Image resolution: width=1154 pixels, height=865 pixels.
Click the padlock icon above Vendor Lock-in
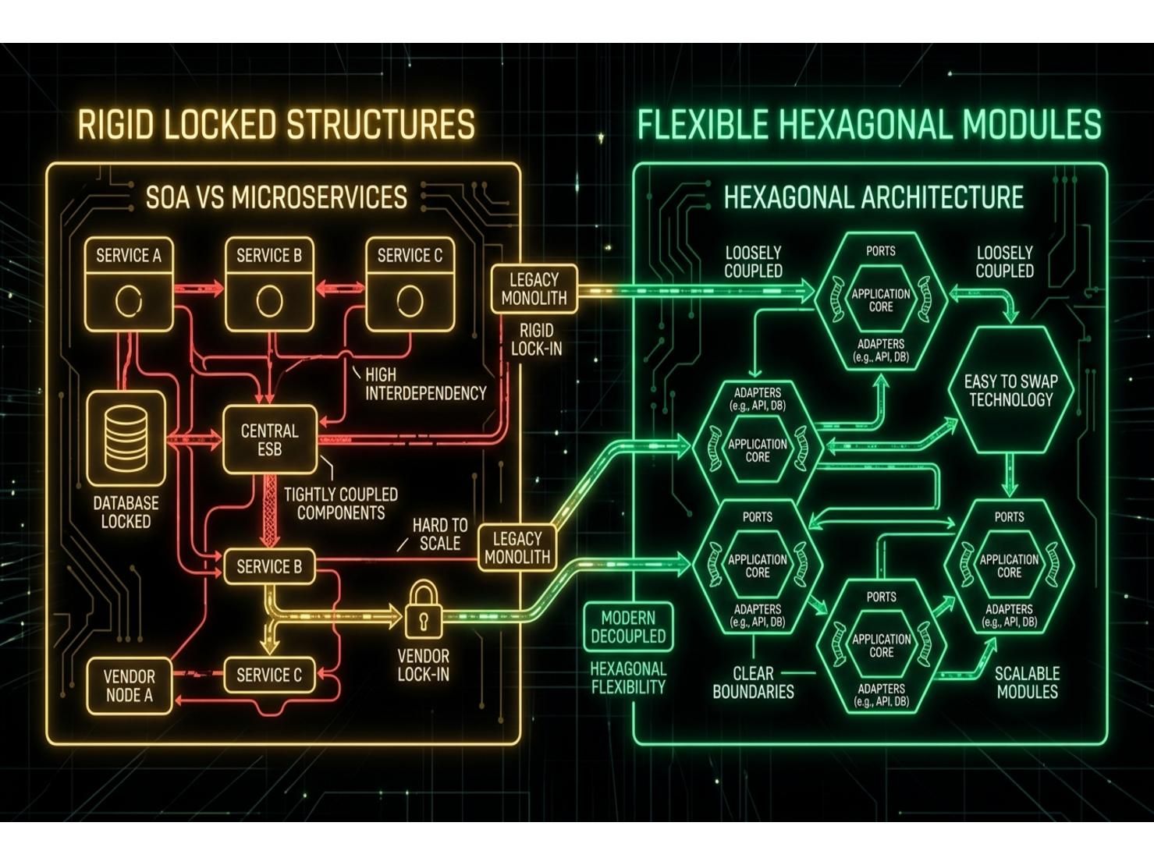(423, 609)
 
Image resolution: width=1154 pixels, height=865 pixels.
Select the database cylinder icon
(126, 439)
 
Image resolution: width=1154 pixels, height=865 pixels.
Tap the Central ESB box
(270, 440)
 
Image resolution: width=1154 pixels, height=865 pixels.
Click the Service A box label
(128, 255)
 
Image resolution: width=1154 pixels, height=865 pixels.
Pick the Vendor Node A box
(130, 686)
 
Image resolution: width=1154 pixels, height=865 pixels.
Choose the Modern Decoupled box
(628, 627)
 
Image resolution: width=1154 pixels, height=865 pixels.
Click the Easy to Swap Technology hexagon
(1010, 390)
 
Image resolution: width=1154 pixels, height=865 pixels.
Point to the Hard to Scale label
(440, 534)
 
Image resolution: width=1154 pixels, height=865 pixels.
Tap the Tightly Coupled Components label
(341, 503)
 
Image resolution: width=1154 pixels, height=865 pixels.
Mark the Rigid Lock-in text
(536, 339)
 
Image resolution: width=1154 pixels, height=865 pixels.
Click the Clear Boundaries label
(753, 682)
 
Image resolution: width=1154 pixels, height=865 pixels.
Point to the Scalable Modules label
(1028, 682)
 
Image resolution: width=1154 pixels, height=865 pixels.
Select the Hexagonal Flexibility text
(628, 678)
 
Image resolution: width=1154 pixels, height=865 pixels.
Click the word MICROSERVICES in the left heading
(319, 197)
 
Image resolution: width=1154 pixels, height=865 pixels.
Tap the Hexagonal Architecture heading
(873, 197)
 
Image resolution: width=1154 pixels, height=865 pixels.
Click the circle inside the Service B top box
(269, 301)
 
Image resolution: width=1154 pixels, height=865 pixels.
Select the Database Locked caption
(126, 512)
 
